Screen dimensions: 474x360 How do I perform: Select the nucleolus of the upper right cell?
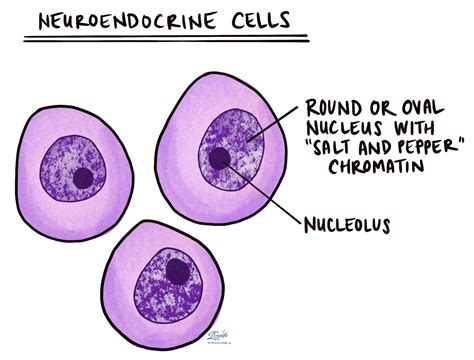tap(219, 157)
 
